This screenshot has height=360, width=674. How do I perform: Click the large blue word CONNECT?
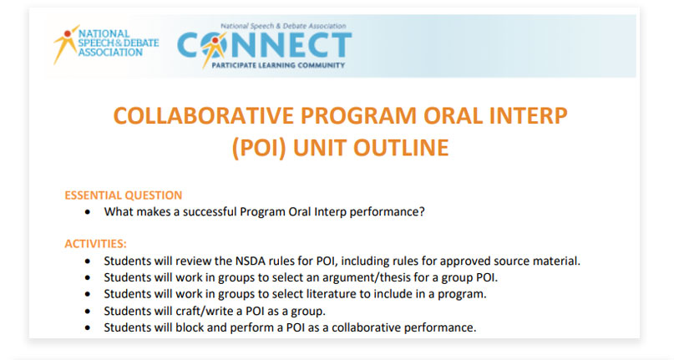coord(265,44)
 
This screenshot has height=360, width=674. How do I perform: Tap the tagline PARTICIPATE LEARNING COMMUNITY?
coord(281,64)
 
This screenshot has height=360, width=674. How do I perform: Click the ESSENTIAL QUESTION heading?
coord(123,195)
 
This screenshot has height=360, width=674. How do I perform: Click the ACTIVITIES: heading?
coord(95,244)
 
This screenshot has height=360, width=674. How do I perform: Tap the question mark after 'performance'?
coord(422,211)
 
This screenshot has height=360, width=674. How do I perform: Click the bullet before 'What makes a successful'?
coord(89,212)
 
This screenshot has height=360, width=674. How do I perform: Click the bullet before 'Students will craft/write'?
coord(89,311)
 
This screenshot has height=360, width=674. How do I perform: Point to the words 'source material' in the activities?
coord(539,261)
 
